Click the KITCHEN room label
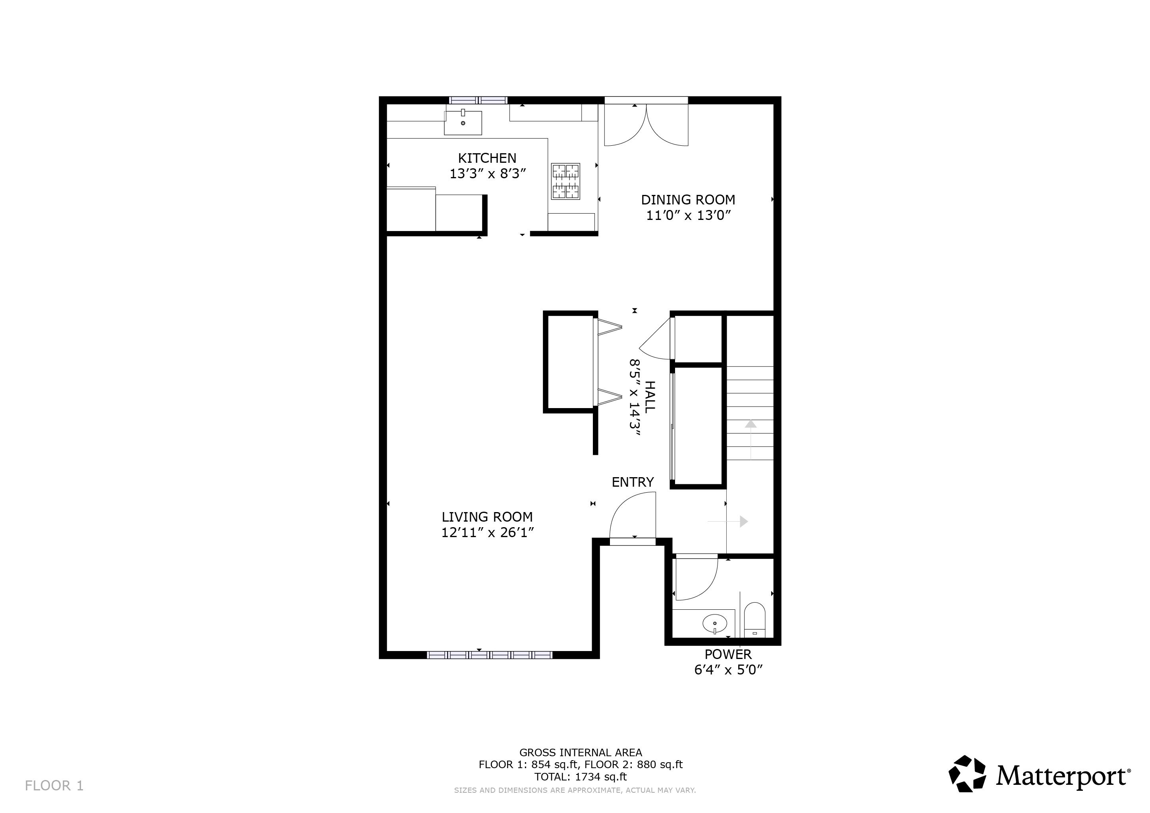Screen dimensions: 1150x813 pos(487,158)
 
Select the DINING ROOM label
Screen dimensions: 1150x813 pos(688,200)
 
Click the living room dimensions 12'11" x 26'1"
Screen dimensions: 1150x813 pos(487,532)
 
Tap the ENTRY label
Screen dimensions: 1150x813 pos(633,482)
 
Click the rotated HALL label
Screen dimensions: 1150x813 pos(649,397)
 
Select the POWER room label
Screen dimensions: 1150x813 pos(728,654)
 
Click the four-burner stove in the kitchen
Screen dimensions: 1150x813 pos(565,181)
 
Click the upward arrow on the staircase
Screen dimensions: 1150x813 pos(750,439)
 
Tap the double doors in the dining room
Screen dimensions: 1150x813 pos(646,125)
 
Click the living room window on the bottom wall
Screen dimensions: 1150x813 pos(489,655)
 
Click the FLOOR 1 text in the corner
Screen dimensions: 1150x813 pos(54,786)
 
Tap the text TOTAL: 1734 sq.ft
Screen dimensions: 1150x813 pos(581,777)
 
